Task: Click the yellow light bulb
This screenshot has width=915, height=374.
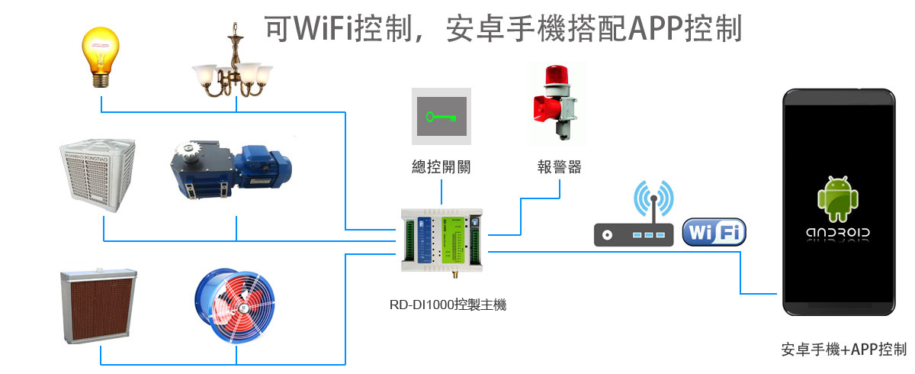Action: tap(101, 55)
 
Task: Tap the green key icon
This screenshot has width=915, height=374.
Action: tap(441, 117)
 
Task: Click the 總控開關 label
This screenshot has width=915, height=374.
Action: tap(441, 167)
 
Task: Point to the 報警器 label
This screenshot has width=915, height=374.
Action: tap(559, 167)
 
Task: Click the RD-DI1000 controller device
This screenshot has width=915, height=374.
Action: tap(441, 239)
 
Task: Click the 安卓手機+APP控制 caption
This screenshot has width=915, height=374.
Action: tap(843, 350)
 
